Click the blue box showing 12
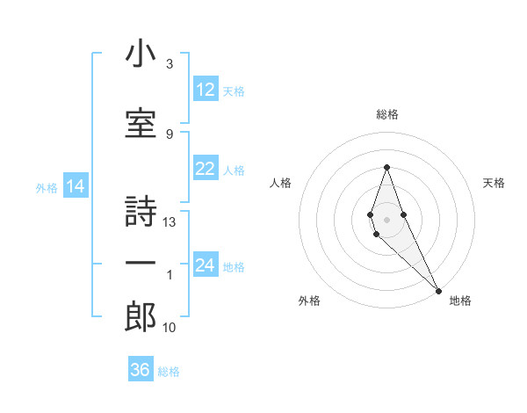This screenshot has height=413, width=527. click(x=206, y=89)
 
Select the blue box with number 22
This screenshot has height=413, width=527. click(x=206, y=169)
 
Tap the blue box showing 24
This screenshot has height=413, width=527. click(x=206, y=265)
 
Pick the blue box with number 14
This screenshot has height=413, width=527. click(x=76, y=186)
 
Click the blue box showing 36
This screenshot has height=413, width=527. click(x=141, y=370)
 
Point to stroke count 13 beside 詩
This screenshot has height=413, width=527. click(x=170, y=222)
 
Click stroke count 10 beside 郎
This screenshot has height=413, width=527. click(x=170, y=328)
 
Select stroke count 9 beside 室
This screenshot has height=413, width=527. click(x=170, y=134)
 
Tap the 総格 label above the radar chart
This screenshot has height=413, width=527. click(x=386, y=114)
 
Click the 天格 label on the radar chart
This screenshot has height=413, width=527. click(x=494, y=183)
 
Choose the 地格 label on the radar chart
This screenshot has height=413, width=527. click(x=460, y=301)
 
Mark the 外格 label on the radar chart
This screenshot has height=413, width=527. click(x=309, y=301)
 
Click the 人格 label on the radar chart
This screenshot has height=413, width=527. click(x=280, y=183)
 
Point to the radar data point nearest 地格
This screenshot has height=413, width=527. click(x=437, y=290)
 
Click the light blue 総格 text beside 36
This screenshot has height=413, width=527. click(x=169, y=372)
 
